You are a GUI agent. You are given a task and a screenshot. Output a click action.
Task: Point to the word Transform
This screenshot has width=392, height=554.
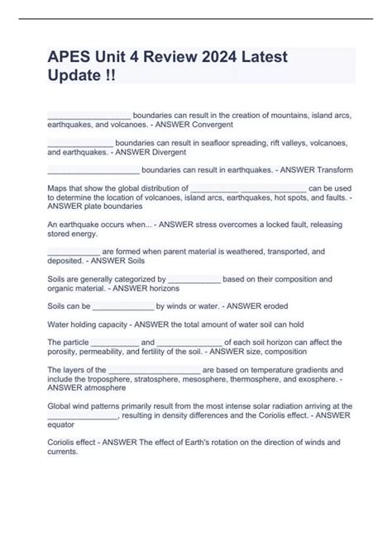(x=335, y=170)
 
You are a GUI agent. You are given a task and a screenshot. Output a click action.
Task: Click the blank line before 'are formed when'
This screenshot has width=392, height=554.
(x=74, y=250)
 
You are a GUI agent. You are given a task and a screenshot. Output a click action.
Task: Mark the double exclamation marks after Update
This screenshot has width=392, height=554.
(x=111, y=74)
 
